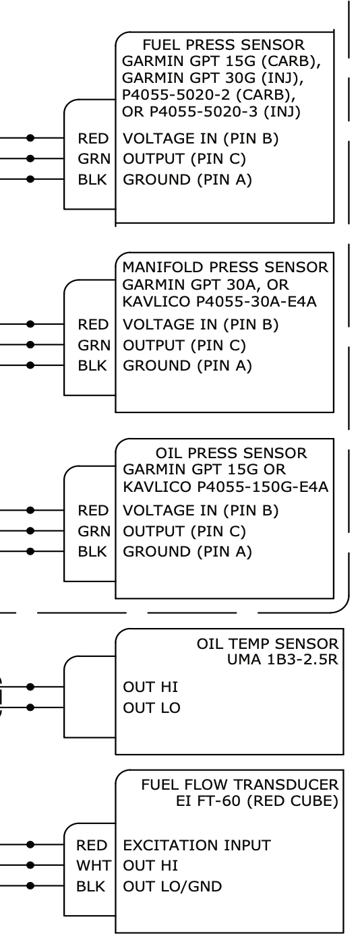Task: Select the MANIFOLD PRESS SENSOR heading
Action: (x=225, y=268)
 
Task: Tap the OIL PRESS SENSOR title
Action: (x=231, y=453)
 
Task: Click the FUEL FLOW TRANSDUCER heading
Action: (x=240, y=785)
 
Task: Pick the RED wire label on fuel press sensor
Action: (x=93, y=139)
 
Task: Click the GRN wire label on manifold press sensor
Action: (x=93, y=346)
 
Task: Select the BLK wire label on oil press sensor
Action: (x=92, y=552)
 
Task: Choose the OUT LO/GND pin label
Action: (x=173, y=887)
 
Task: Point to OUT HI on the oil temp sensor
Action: (x=151, y=687)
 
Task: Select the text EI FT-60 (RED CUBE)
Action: (x=256, y=801)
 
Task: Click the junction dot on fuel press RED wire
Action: (x=30, y=138)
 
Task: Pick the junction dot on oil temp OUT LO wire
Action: (x=30, y=708)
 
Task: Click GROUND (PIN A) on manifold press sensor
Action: (x=187, y=366)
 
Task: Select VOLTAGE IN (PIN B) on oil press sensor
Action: (x=200, y=511)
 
